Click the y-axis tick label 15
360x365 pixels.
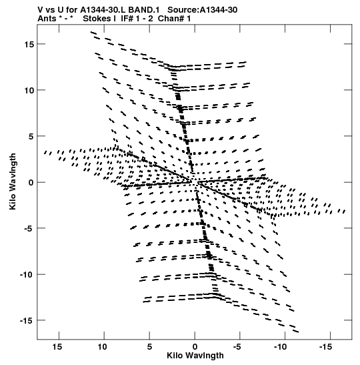pyautogui.click(x=29, y=44)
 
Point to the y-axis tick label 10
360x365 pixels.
pyautogui.click(x=29, y=90)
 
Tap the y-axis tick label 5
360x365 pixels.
pyautogui.click(x=31, y=136)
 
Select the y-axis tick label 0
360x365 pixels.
pyautogui.click(x=31, y=182)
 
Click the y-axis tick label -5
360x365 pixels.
pyautogui.click(x=29, y=228)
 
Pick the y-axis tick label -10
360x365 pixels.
pyautogui.click(x=27, y=274)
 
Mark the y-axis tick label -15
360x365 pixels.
pyautogui.click(x=27, y=320)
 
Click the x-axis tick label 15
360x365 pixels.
pyautogui.click(x=57, y=347)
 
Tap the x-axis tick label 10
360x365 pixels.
pyautogui.click(x=102, y=347)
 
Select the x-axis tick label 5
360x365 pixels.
pyautogui.click(x=149, y=347)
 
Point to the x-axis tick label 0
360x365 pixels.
pyautogui.click(x=195, y=347)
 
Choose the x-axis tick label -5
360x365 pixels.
pyautogui.click(x=237, y=347)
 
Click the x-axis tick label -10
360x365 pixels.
pyautogui.click(x=281, y=347)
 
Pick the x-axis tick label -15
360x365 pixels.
pyautogui.click(x=325, y=347)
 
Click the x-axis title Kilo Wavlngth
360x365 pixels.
pyautogui.click(x=195, y=356)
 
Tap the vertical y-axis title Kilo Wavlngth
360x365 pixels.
pyautogui.click(x=13, y=181)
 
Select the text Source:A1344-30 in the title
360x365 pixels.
pyautogui.click(x=202, y=10)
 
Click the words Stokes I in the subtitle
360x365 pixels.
pyautogui.click(x=99, y=19)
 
